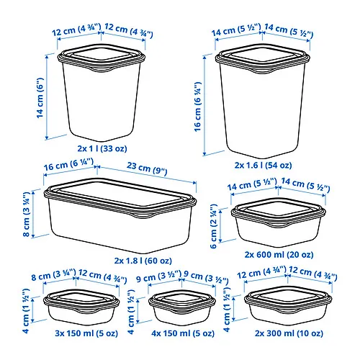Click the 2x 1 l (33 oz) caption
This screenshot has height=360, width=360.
[100, 149]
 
